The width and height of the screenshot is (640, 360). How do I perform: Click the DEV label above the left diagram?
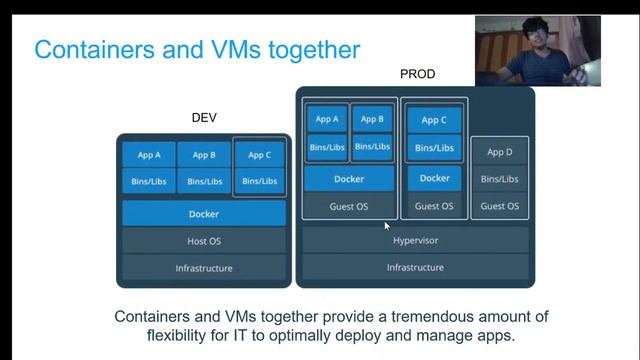(204, 117)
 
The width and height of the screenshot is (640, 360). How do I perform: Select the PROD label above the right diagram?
(417, 74)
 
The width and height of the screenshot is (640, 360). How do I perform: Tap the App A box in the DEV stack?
(148, 155)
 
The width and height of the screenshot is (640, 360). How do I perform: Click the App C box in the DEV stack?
(259, 155)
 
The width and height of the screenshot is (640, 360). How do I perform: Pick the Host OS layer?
(204, 241)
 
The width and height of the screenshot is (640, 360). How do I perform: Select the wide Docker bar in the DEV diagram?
(204, 214)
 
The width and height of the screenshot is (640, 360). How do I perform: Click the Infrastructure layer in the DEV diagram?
(204, 268)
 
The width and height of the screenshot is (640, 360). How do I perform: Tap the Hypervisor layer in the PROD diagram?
(414, 241)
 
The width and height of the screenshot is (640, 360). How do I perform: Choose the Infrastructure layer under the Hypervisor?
(414, 268)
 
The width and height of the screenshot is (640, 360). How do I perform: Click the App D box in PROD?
(499, 152)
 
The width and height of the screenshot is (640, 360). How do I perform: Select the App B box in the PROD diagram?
(372, 120)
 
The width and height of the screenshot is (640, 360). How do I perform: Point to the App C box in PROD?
(434, 120)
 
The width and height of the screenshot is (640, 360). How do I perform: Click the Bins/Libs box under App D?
(499, 179)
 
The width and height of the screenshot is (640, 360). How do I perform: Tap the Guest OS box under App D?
(499, 206)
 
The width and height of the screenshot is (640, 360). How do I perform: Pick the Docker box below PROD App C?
(434, 178)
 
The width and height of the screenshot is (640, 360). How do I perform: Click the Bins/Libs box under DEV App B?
(204, 182)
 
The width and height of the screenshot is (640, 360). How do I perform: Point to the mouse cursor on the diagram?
(386, 224)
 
